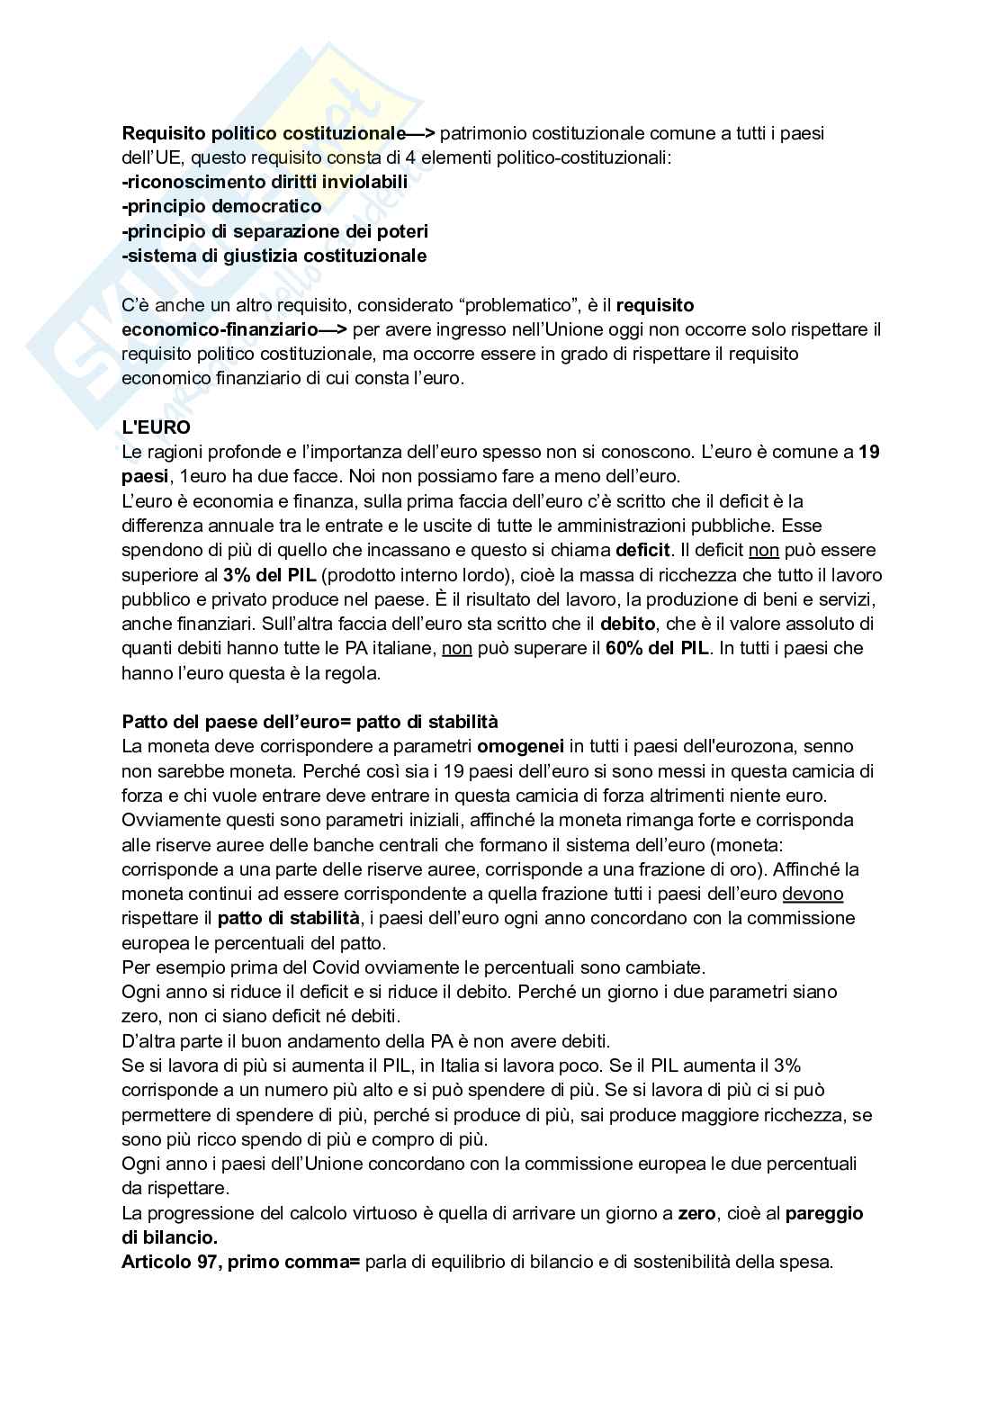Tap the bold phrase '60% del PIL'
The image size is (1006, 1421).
(x=657, y=647)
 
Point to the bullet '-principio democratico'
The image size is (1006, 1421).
(x=221, y=207)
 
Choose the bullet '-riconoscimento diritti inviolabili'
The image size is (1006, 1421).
(x=265, y=182)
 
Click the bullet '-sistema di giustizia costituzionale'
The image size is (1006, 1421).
(x=274, y=256)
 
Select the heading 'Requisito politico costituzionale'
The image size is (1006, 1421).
(x=263, y=133)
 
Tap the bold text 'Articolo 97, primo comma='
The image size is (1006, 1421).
(x=240, y=1261)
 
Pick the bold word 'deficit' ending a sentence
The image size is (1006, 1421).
(x=643, y=549)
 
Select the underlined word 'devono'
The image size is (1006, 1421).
(x=813, y=894)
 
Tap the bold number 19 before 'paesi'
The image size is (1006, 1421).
(x=869, y=452)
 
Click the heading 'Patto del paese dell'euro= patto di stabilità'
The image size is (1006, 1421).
(x=310, y=722)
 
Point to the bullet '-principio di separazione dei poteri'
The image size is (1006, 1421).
(x=275, y=231)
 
